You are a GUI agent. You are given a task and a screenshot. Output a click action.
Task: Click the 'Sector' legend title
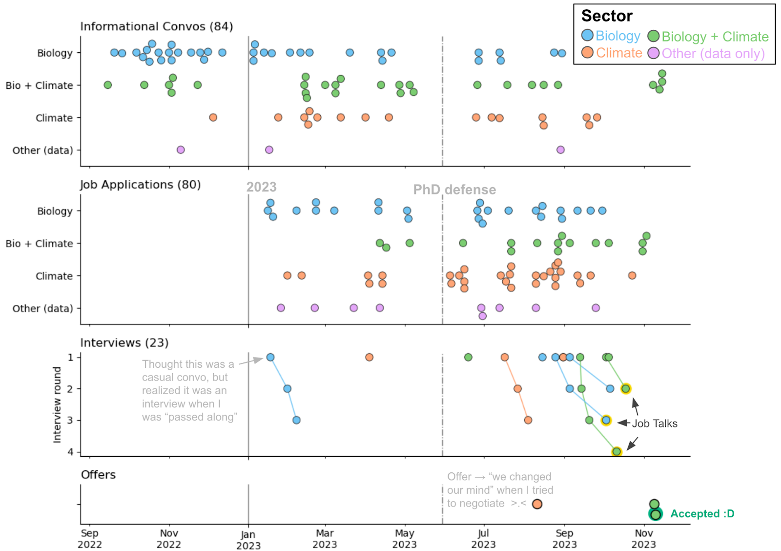pos(607,16)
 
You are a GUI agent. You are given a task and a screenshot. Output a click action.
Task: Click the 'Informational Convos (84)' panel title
pos(156,26)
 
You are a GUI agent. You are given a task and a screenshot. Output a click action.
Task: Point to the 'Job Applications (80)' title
pos(140,185)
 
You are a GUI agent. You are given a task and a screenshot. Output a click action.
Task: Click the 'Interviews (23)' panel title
pos(124,343)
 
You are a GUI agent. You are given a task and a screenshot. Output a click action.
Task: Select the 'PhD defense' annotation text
pos(454,190)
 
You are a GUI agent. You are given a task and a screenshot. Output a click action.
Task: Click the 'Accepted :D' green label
pos(702,514)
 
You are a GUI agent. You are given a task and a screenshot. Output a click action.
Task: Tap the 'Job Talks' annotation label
pos(655,424)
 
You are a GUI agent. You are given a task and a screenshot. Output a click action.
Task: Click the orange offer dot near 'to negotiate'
pos(537,504)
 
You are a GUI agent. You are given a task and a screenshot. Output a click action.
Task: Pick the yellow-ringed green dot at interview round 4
pos(617,452)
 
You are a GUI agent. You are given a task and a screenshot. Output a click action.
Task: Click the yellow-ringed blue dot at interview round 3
pos(606,420)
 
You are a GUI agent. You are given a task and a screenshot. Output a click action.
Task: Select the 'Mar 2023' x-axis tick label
pos(325,539)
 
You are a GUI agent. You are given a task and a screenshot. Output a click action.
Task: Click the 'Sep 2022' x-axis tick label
pos(89,539)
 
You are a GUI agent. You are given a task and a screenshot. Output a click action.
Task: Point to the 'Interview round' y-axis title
pos(57,405)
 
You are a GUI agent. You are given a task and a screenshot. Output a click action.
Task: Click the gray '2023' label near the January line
pos(261,187)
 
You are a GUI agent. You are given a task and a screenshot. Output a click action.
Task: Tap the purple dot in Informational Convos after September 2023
pos(560,150)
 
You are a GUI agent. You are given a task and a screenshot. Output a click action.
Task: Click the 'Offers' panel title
pos(98,475)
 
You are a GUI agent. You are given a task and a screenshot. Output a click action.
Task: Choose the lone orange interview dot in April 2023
pos(369,357)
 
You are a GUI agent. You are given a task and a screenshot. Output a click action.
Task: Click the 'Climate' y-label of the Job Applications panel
pos(54,276)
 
